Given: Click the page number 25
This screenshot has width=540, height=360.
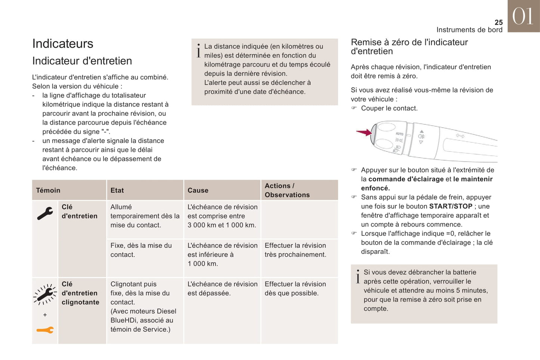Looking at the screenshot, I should pyautogui.click(x=499, y=22).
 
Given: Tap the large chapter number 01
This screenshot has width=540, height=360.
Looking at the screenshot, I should pyautogui.click(x=523, y=17).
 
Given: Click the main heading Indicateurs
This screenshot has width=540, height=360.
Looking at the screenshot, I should pyautogui.click(x=63, y=44).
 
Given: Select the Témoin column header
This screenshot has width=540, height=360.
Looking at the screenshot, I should pyautogui.click(x=48, y=190).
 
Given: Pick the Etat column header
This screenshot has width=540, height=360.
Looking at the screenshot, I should pyautogui.click(x=117, y=190).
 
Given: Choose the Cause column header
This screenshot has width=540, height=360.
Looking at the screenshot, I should pyautogui.click(x=198, y=190).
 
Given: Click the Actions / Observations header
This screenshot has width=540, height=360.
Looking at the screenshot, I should pyautogui.click(x=287, y=190).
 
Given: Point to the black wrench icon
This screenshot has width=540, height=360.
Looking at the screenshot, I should pyautogui.click(x=45, y=213).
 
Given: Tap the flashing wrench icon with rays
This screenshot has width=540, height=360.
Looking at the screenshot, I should pyautogui.click(x=45, y=294).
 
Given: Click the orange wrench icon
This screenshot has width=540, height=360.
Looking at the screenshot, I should pyautogui.click(x=45, y=330).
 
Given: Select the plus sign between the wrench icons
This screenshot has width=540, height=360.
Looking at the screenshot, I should pyautogui.click(x=45, y=315).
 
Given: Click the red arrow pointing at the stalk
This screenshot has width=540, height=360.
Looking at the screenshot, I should pyautogui.click(x=363, y=132).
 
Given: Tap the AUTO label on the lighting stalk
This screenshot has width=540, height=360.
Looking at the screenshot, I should pyautogui.click(x=399, y=134).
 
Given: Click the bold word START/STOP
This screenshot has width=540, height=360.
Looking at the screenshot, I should pyautogui.click(x=451, y=206).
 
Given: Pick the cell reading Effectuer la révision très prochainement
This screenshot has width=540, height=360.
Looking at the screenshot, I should pyautogui.click(x=295, y=250).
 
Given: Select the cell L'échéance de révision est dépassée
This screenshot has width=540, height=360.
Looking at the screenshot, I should pyautogui.click(x=222, y=289).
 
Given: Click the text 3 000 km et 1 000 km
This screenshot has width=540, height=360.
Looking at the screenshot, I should pyautogui.click(x=222, y=225).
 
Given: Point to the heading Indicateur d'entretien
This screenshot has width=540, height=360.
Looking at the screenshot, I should pyautogui.click(x=82, y=61).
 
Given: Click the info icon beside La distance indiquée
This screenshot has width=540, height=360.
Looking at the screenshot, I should pyautogui.click(x=198, y=50).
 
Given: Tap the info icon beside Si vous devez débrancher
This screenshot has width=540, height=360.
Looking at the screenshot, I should pyautogui.click(x=358, y=276).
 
